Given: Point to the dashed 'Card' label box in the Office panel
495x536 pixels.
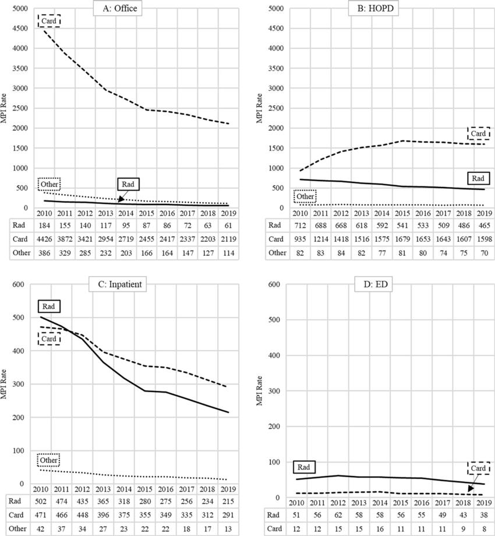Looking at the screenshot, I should click(x=49, y=20).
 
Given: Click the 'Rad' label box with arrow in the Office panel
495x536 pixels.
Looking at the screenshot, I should click(x=129, y=184).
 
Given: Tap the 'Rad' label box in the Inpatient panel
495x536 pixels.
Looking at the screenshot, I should click(x=49, y=305).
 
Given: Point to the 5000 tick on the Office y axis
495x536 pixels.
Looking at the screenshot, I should click(x=20, y=9).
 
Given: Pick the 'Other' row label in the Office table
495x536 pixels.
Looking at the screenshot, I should click(x=16, y=252).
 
